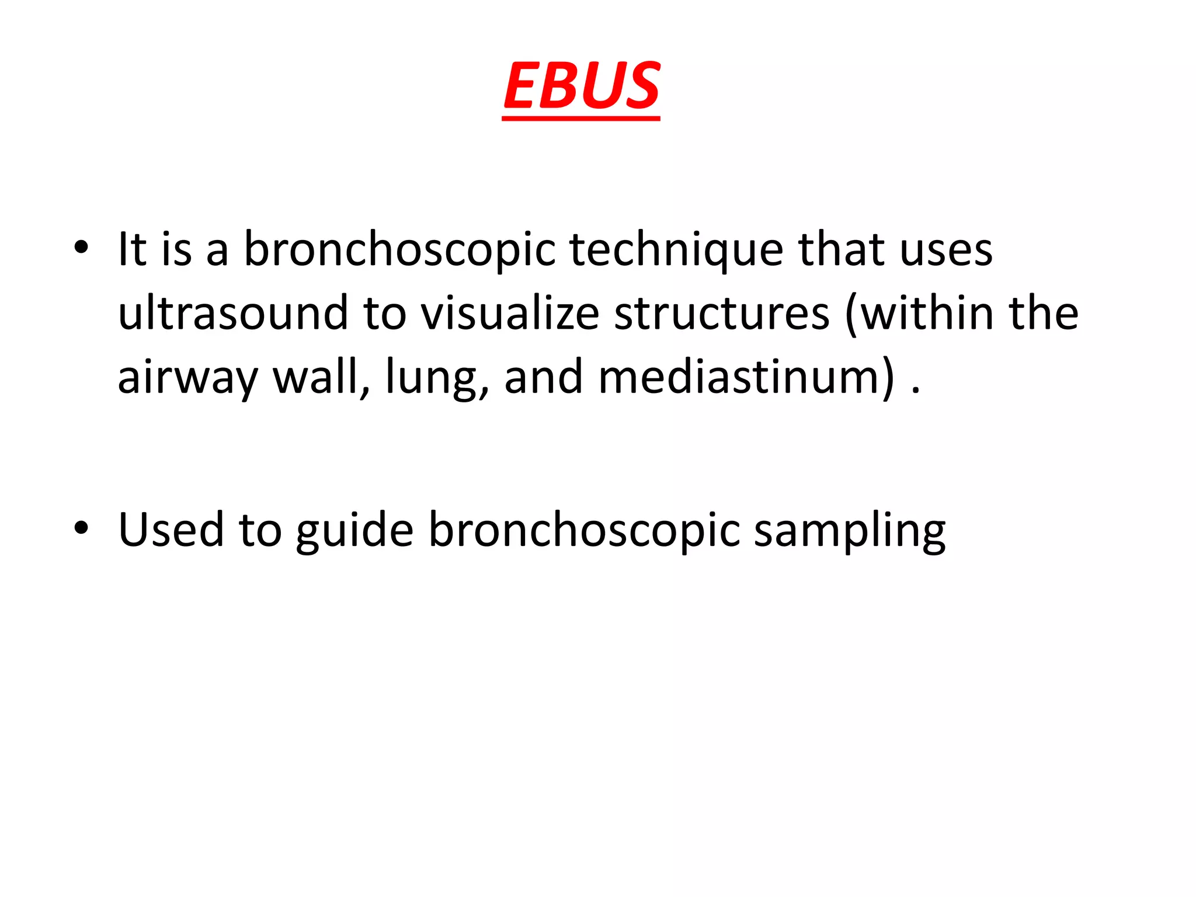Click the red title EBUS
tap(582, 86)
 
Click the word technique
tap(676, 250)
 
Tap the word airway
tap(187, 378)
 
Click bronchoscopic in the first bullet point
tap(399, 250)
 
